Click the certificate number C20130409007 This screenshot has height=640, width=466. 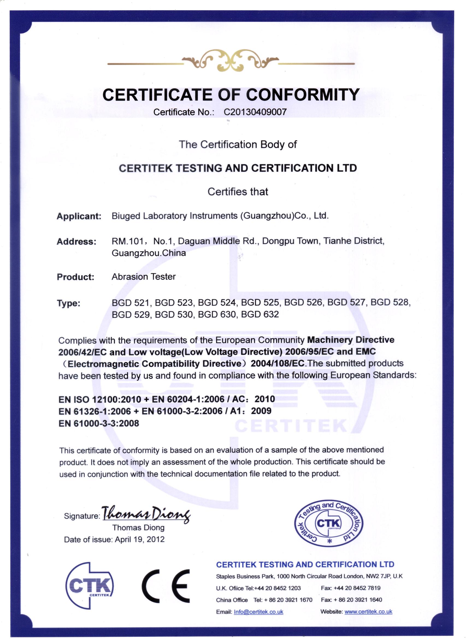click(x=255, y=112)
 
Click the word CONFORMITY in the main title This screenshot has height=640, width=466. click(x=303, y=95)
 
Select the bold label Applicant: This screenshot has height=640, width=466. click(x=79, y=216)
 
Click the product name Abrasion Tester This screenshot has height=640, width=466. click(x=144, y=277)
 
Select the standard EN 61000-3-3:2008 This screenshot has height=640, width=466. click(x=99, y=423)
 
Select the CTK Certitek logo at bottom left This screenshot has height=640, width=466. click(x=89, y=587)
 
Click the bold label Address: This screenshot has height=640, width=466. click(x=76, y=242)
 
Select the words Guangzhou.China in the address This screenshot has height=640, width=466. click(x=149, y=253)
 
